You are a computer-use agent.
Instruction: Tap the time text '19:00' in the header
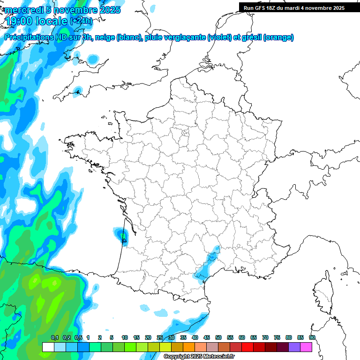19,22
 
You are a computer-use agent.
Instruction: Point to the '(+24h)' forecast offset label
81,21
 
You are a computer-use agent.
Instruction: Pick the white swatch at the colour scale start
48,347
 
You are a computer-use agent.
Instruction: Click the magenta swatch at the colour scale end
306,347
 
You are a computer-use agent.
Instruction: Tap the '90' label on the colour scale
312,337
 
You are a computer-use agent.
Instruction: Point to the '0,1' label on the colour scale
54,337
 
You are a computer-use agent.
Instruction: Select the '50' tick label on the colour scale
218,337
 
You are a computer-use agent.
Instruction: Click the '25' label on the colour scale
160,337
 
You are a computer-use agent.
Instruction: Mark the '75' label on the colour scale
277,337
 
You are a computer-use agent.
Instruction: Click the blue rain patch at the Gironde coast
123,235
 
